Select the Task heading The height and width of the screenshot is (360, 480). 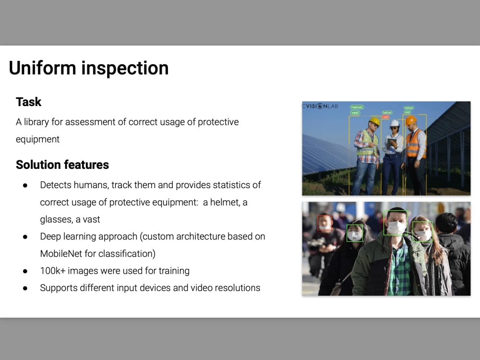[x=29, y=102]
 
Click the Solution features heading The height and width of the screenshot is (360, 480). [x=62, y=165]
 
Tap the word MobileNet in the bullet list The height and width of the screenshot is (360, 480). [x=61, y=253]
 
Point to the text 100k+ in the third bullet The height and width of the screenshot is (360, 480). [x=53, y=271]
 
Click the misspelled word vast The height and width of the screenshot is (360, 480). [x=91, y=219]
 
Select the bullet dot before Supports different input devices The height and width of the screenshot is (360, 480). [x=25, y=288]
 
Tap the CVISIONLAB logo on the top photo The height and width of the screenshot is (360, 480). [x=320, y=106]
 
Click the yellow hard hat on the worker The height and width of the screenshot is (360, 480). [x=374, y=121]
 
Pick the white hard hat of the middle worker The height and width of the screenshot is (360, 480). [x=395, y=123]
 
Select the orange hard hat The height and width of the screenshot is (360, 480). [x=411, y=120]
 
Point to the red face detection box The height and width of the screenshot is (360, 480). [x=325, y=223]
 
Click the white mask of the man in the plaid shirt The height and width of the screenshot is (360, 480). [x=396, y=228]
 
